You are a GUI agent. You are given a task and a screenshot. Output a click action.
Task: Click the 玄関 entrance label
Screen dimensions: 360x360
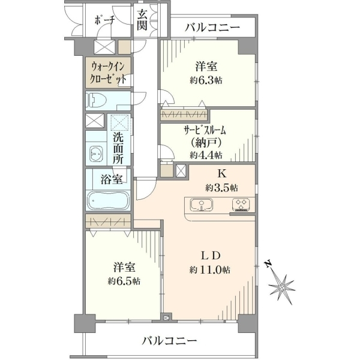142,20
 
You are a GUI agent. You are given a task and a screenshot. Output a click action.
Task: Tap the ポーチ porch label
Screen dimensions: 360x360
104,20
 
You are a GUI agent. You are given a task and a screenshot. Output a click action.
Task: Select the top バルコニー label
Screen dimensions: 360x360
212,28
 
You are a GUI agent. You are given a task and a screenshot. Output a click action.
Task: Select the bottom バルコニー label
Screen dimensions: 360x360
169,340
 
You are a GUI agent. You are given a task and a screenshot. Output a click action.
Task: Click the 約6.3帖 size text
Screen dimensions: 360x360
206,80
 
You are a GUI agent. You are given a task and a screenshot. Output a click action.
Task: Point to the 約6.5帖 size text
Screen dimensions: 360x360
124,281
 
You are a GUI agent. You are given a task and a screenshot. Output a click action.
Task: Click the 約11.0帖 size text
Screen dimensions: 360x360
210,270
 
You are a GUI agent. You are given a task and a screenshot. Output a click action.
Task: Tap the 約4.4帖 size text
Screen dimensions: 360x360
206,155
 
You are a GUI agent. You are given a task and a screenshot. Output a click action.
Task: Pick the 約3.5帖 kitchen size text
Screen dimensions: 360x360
221,188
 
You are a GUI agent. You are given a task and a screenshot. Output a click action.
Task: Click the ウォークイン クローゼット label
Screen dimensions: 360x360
108,73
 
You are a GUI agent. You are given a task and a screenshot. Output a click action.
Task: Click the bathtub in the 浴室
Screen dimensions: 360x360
109,201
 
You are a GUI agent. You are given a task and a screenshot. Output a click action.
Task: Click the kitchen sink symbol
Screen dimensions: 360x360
202,205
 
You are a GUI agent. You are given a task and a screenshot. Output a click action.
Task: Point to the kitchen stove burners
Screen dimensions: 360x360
241,204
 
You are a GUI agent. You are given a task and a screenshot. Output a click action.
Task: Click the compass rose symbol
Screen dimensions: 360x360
281,287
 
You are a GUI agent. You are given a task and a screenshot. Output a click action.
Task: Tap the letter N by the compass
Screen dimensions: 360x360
268,264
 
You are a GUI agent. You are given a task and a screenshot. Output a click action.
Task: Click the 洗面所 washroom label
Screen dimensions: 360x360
118,149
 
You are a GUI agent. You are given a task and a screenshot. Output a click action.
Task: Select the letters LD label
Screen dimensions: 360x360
211,256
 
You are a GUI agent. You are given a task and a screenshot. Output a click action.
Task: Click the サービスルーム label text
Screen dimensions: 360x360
205,131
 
